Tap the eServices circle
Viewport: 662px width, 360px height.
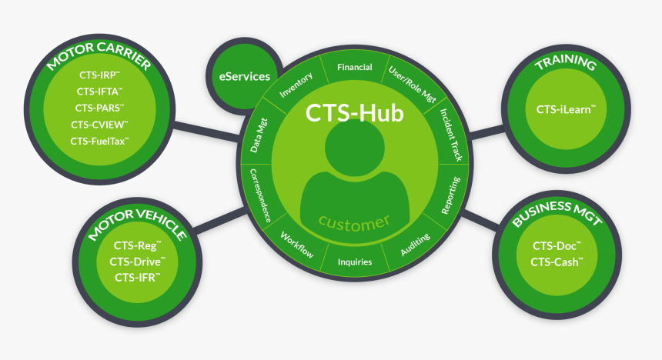point(239,76)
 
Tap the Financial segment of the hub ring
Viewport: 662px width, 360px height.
point(354,68)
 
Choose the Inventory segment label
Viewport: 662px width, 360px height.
point(296,85)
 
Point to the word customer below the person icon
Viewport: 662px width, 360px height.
point(354,222)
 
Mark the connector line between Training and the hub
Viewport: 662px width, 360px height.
point(485,132)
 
